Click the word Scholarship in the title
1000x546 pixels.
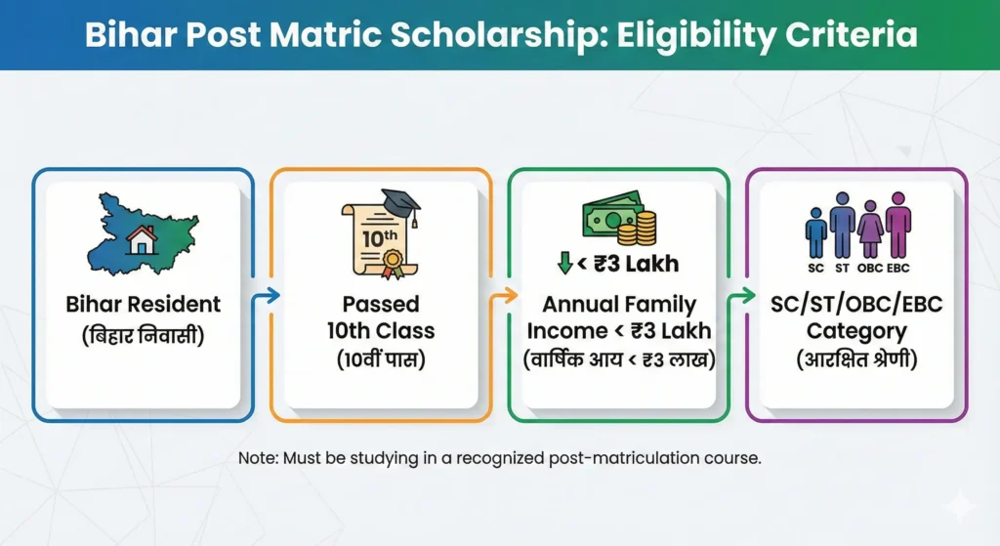pos(470,36)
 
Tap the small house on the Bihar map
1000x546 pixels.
pos(143,240)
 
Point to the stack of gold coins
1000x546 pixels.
pos(644,227)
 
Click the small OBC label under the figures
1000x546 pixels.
pos(869,267)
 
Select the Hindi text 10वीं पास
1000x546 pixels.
pos(381,360)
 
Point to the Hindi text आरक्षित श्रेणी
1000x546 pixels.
pos(856,359)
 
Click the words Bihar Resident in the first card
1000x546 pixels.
pos(143,304)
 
